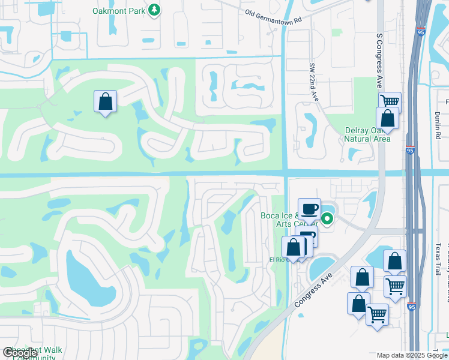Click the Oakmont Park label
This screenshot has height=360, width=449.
[118, 11]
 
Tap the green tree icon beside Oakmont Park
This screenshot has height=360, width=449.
[155, 10]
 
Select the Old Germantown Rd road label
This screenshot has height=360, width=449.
[273, 14]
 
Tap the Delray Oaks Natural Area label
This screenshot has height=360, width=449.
[367, 134]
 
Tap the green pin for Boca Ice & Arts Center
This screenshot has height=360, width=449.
[327, 219]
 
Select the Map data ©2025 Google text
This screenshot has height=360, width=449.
[412, 355]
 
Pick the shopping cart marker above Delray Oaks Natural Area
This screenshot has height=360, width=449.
[390, 101]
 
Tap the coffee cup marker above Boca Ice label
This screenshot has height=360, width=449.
[309, 209]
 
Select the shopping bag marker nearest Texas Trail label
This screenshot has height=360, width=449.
[394, 261]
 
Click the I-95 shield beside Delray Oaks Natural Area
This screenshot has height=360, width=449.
[409, 152]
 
